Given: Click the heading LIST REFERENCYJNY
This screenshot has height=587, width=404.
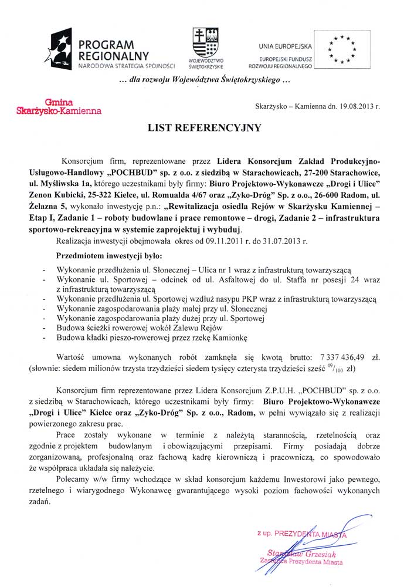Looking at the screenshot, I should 201,127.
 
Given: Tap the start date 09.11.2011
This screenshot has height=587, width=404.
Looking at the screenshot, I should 199,241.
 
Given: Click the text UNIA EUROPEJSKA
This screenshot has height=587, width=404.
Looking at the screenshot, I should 287,46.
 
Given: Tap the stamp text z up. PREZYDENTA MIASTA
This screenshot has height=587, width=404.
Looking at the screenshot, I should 301,533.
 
